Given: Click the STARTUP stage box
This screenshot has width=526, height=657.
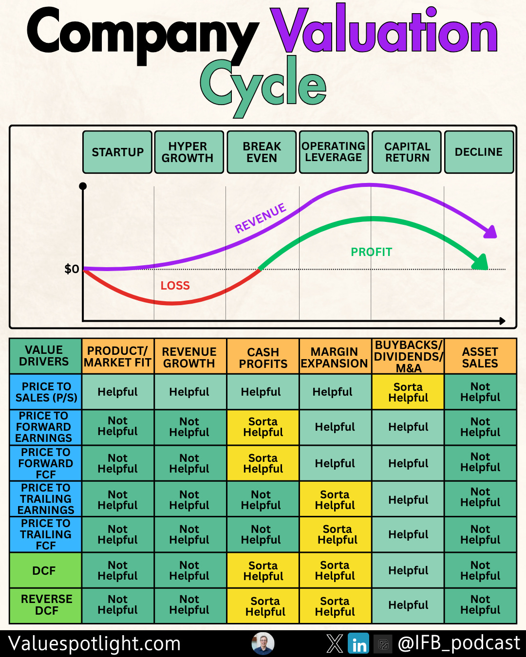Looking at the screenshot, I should click(117, 152).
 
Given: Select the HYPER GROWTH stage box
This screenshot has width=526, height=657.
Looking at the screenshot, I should click(189, 152).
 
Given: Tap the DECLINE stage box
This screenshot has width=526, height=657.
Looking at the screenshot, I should click(479, 152).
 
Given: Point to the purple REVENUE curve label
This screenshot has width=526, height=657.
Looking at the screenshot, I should click(261, 219).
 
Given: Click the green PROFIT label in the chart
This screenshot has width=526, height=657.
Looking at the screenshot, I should click(371, 252).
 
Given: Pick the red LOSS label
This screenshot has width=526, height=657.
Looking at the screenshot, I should click(175, 286).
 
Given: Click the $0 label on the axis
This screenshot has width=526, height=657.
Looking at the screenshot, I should click(72, 269).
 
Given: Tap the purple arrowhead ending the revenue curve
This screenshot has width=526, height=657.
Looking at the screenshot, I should click(490, 232).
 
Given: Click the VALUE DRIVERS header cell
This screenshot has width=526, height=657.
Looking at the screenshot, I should click(44, 356).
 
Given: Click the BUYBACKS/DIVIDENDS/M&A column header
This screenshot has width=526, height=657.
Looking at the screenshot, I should click(408, 356).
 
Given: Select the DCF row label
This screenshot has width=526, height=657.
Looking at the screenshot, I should click(44, 570).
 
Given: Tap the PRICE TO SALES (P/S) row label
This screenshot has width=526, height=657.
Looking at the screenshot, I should click(46, 392).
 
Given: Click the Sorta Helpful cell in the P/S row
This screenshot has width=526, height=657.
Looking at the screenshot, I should click(408, 392).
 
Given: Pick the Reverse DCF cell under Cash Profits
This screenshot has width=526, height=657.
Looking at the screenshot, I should click(263, 606).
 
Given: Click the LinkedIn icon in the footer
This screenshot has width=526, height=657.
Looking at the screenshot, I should click(359, 644).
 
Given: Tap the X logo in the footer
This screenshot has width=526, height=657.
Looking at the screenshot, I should click(335, 643).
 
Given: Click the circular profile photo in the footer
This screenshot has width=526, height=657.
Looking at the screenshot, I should click(263, 643).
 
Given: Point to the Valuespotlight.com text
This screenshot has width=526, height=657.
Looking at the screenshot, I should click(94, 643).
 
